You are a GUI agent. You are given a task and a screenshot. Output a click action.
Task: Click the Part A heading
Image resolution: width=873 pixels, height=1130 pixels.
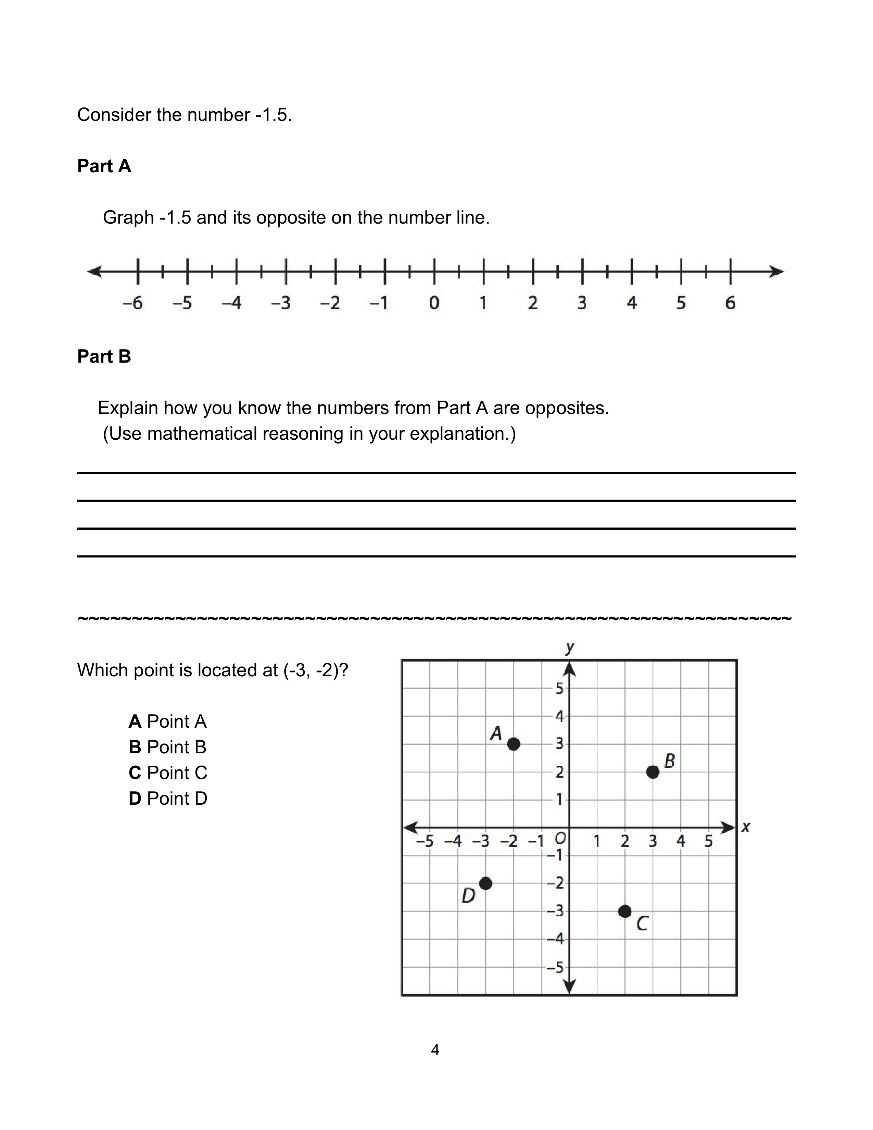104,166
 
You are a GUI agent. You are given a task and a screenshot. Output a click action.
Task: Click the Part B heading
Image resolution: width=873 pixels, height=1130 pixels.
104,356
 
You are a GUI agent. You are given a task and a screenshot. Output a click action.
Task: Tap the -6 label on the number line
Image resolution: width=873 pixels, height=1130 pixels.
133,303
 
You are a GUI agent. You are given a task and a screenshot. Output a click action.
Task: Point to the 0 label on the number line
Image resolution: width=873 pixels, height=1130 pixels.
434,303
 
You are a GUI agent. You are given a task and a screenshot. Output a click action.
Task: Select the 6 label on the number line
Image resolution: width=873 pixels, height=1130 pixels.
730,303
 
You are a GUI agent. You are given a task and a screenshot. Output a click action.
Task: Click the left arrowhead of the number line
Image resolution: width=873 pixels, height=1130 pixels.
94,271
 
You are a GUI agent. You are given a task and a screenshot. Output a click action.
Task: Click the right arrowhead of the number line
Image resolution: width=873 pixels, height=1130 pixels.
777,271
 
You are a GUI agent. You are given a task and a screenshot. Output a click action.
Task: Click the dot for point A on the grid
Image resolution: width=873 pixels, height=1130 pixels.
513,744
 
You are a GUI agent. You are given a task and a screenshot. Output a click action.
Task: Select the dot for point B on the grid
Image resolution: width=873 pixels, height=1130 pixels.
653,772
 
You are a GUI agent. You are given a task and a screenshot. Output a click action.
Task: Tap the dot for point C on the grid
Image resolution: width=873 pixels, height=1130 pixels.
625,912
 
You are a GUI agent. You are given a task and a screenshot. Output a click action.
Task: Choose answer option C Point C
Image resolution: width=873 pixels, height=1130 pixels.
168,773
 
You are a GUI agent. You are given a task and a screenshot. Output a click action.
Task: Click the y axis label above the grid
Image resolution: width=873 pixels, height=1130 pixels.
569,647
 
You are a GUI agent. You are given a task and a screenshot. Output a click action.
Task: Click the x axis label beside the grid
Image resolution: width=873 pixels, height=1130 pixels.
745,827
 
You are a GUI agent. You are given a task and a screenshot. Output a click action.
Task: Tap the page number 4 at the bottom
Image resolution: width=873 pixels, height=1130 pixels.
435,1050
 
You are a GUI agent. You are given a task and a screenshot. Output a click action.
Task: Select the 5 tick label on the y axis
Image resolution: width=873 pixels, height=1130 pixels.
559,688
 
